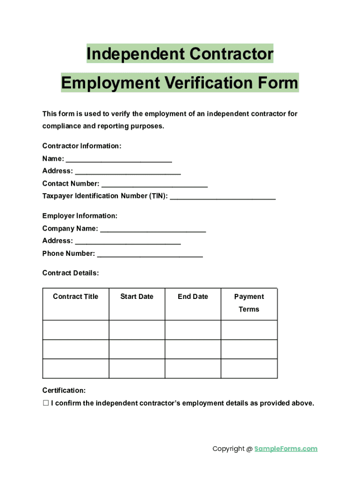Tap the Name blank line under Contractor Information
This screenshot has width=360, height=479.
pos(119,160)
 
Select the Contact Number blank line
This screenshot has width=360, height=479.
pos(154,185)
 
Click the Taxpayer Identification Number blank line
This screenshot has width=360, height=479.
pos(223,197)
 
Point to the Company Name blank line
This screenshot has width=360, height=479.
pos(153,230)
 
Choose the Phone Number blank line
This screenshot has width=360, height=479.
pos(150,255)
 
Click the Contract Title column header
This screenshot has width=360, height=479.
pos(76,297)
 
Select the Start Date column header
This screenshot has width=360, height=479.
pos(137,297)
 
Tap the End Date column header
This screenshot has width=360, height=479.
pos(193,297)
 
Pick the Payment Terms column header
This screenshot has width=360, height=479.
pos(249,303)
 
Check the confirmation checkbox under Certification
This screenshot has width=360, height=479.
pos(46,403)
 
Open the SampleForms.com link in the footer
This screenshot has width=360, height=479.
pos(286,449)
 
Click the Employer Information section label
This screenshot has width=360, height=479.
pos(80,216)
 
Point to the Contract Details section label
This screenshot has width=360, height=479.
pos(71,273)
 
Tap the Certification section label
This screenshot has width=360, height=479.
pos(64,391)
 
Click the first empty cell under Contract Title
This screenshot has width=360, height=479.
pos(76,330)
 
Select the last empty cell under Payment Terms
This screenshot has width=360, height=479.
pos(249,369)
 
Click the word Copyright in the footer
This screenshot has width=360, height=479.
pos(229,449)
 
